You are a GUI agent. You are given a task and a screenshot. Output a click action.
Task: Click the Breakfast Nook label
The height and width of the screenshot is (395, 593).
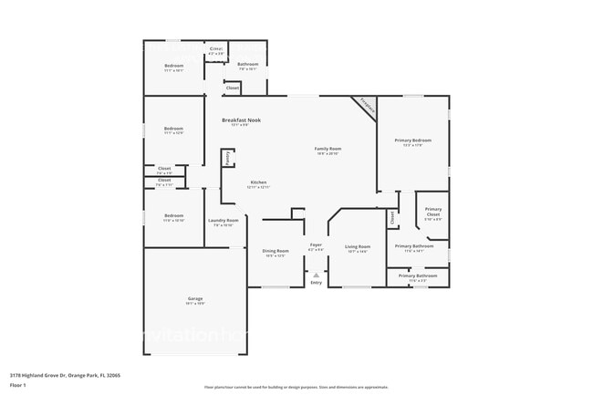click(x=241, y=120)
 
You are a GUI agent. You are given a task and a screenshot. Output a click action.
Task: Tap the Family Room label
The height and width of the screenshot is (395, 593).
click(x=328, y=149)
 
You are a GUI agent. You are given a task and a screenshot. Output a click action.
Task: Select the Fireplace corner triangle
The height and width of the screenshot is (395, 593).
click(x=367, y=106)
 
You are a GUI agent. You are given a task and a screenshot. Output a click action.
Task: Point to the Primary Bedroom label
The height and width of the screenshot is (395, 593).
click(x=412, y=140)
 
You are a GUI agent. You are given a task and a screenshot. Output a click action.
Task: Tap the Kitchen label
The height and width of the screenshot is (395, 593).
click(x=258, y=182)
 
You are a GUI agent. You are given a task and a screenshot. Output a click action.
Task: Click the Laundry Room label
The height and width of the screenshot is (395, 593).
click(x=223, y=220)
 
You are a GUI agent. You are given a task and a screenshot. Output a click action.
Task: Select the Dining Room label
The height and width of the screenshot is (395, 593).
click(x=276, y=251)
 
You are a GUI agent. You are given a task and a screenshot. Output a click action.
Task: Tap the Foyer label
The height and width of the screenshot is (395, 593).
click(x=316, y=244)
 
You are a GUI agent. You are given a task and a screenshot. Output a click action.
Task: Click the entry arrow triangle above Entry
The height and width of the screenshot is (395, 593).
click(x=316, y=274)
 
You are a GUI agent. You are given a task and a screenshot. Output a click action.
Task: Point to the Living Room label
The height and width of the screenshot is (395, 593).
click(x=357, y=246)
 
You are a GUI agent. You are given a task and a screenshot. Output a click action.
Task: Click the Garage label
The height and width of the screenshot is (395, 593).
click(x=195, y=298)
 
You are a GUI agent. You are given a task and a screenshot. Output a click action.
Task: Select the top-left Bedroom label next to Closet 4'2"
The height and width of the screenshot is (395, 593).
click(x=173, y=66)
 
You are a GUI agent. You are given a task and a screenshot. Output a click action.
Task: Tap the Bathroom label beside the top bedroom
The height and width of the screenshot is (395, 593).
click(x=247, y=64)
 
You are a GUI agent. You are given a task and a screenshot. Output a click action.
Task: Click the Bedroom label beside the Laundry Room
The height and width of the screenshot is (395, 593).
click(x=173, y=217)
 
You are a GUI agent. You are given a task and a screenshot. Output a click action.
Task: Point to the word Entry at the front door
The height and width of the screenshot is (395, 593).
click(x=316, y=283)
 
